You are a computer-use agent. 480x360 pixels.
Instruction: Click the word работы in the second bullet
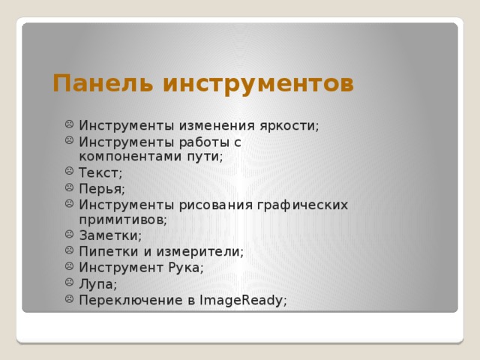tap(205, 142)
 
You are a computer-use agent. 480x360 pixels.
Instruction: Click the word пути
tap(206, 157)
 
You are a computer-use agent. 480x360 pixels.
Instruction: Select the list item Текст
tap(100, 172)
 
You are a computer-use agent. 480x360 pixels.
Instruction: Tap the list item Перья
tap(102, 188)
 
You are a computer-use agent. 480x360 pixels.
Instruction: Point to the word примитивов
tap(122, 220)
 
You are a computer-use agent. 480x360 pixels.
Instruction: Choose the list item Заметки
tap(109, 235)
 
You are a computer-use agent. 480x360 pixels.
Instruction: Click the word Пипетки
tap(109, 252)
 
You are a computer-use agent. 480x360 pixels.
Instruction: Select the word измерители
tap(203, 252)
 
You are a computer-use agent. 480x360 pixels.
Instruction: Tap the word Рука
tap(185, 268)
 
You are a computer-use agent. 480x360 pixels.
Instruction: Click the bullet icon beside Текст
tap(68, 172)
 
